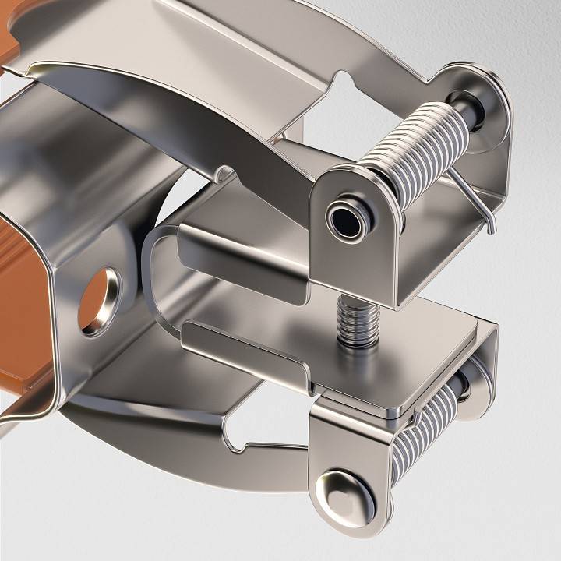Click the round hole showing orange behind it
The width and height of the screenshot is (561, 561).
pyautogui.click(x=99, y=301)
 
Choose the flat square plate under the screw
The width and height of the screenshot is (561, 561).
pyautogui.click(x=413, y=358)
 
